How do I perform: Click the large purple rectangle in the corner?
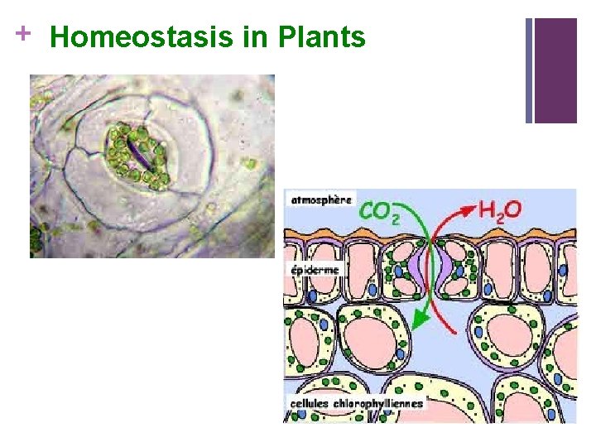(x=555, y=70)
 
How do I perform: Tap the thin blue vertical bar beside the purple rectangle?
(x=529, y=70)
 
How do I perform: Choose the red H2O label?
(x=500, y=210)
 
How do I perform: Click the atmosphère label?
(x=321, y=199)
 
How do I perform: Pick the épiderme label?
(x=314, y=270)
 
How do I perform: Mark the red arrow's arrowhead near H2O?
(x=468, y=211)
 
